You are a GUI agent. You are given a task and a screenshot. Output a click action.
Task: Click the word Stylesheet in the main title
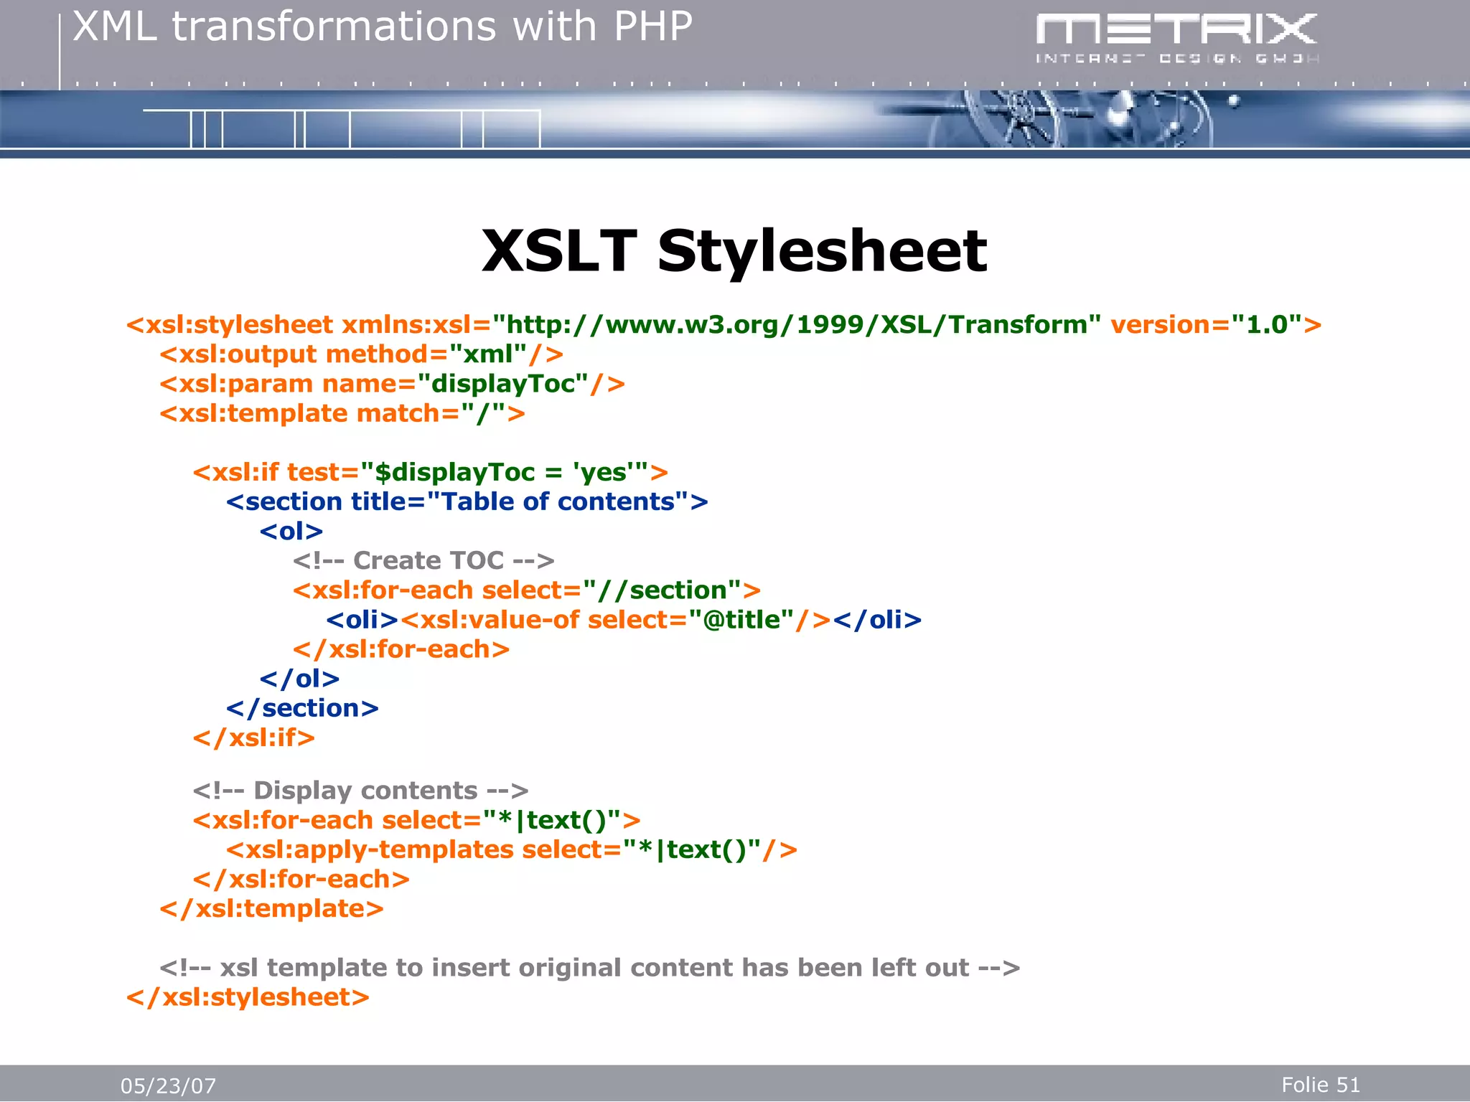(822, 251)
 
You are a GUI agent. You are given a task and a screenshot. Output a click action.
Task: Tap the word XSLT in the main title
(559, 251)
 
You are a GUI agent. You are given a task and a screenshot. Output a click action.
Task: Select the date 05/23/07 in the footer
(168, 1085)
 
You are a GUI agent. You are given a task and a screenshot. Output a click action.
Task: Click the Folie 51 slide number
(1320, 1084)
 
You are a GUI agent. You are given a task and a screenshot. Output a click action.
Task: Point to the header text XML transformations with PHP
(383, 27)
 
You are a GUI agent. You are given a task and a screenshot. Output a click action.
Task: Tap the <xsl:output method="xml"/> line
(361, 354)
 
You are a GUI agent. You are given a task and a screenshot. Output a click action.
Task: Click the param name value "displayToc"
(502, 384)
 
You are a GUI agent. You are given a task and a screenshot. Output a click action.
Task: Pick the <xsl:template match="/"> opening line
(342, 413)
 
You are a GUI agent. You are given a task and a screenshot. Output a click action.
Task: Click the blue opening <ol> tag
(291, 532)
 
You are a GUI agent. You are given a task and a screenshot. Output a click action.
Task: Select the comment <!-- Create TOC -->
(423, 561)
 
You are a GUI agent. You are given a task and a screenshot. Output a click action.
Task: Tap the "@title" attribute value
(741, 620)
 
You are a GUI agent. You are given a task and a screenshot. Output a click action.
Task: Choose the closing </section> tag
(302, 708)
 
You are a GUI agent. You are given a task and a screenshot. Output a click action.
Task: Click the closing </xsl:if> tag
(254, 738)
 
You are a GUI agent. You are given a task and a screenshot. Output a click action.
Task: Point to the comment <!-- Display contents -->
(360, 791)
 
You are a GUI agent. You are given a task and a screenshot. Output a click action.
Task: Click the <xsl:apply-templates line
(511, 849)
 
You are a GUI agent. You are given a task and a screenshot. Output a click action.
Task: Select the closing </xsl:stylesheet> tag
(248, 997)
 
